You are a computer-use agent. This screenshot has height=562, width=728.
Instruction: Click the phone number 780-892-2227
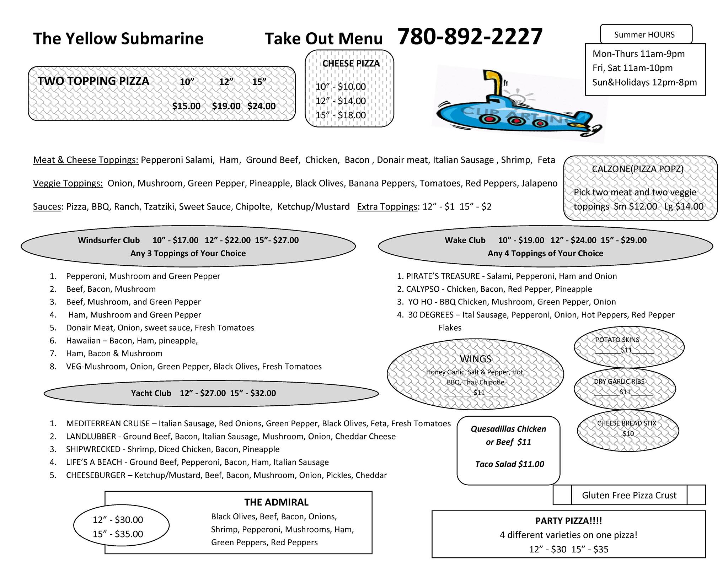[470, 37]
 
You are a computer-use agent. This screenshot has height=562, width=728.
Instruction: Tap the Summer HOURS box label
[644, 35]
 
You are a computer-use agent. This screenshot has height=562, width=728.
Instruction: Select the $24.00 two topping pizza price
[261, 106]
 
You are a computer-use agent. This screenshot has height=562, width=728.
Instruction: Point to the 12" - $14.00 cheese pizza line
[341, 101]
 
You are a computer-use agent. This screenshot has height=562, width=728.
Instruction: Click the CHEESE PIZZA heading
[351, 64]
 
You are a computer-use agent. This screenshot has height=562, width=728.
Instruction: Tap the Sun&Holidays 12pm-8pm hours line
[644, 82]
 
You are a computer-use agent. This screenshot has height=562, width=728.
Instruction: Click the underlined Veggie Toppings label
[68, 183]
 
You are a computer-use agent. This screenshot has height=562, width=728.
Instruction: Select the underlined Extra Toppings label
[387, 207]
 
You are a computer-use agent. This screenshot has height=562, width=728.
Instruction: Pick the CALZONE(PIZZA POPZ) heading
[637, 169]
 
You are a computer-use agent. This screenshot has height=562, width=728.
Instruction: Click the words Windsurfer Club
[109, 240]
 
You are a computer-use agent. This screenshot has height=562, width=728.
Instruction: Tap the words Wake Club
[465, 240]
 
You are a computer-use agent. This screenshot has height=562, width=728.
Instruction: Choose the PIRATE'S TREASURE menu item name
[443, 276]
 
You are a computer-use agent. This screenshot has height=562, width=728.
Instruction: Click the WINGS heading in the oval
[476, 359]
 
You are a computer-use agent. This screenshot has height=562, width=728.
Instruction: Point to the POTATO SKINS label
[617, 340]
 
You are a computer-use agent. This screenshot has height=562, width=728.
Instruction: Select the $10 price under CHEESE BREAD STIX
[628, 433]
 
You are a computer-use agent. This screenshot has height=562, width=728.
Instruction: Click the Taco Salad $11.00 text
[509, 464]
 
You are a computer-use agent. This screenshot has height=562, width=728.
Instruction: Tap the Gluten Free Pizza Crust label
[629, 495]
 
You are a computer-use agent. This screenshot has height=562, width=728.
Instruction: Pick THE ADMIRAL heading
[276, 502]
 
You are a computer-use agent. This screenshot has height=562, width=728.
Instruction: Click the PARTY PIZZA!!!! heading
[568, 521]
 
